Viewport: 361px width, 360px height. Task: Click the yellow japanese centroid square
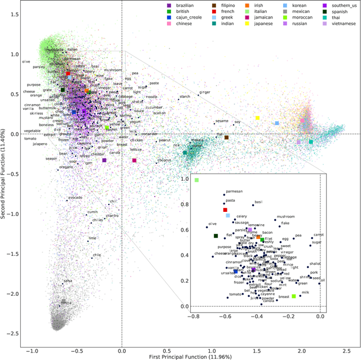click(x=257, y=118)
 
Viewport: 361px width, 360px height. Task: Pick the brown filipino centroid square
click(x=226, y=137)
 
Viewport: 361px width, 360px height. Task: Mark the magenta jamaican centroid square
click(x=134, y=160)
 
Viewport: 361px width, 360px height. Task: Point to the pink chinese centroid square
click(x=302, y=121)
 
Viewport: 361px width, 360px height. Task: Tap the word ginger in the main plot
click(x=205, y=91)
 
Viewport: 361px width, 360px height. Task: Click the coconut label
click(x=164, y=160)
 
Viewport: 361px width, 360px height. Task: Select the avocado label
click(x=75, y=197)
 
